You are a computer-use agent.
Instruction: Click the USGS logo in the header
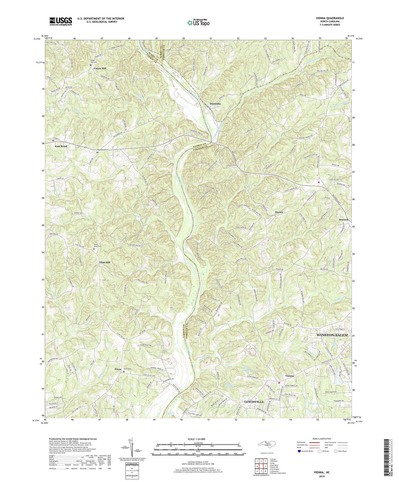61,21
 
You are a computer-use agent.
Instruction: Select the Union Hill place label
100,68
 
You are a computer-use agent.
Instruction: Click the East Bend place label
61,146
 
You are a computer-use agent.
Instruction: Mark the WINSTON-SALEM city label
332,335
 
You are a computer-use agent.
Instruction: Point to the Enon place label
118,369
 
